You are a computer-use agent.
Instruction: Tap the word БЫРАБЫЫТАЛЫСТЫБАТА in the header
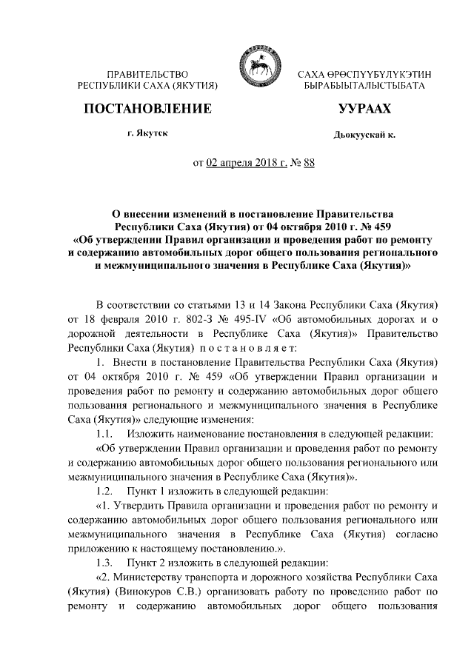364,87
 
